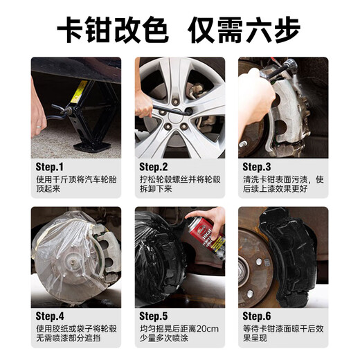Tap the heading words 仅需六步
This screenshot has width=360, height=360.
pyautogui.click(x=249, y=29)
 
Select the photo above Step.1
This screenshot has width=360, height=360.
pyautogui.click(x=76, y=107)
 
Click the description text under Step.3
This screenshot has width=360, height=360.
pyautogui.click(x=282, y=185)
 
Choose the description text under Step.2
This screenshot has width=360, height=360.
pyautogui.click(x=179, y=185)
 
